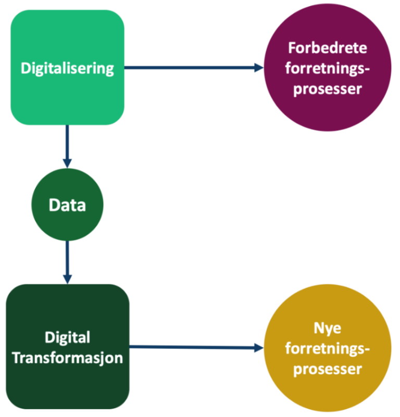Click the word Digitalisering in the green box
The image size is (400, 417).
[67, 68]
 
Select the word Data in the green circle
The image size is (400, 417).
[67, 205]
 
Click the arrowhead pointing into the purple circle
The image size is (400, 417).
[258, 67]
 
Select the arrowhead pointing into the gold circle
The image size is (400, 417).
[258, 347]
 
